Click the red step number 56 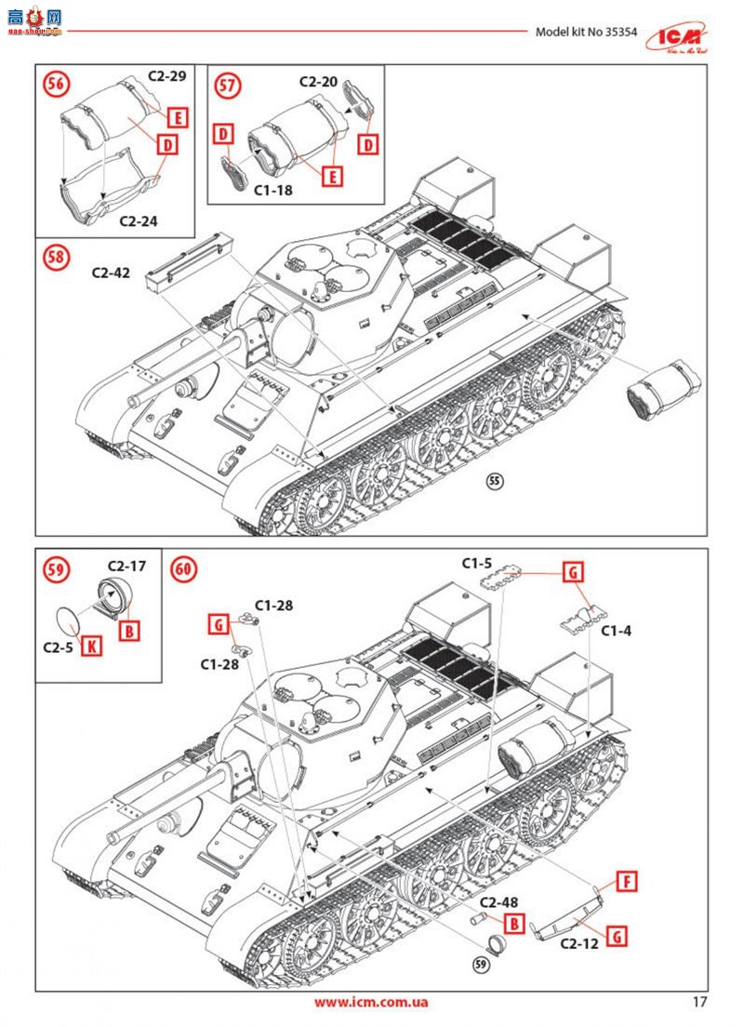[56, 84]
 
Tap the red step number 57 [226, 86]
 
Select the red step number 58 [56, 257]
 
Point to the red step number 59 [56, 568]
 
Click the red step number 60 [184, 568]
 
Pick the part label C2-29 [168, 76]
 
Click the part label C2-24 [139, 221]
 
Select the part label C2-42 [111, 273]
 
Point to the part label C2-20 [318, 82]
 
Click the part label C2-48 [499, 902]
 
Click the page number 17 [700, 1002]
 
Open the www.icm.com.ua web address [371, 1002]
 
